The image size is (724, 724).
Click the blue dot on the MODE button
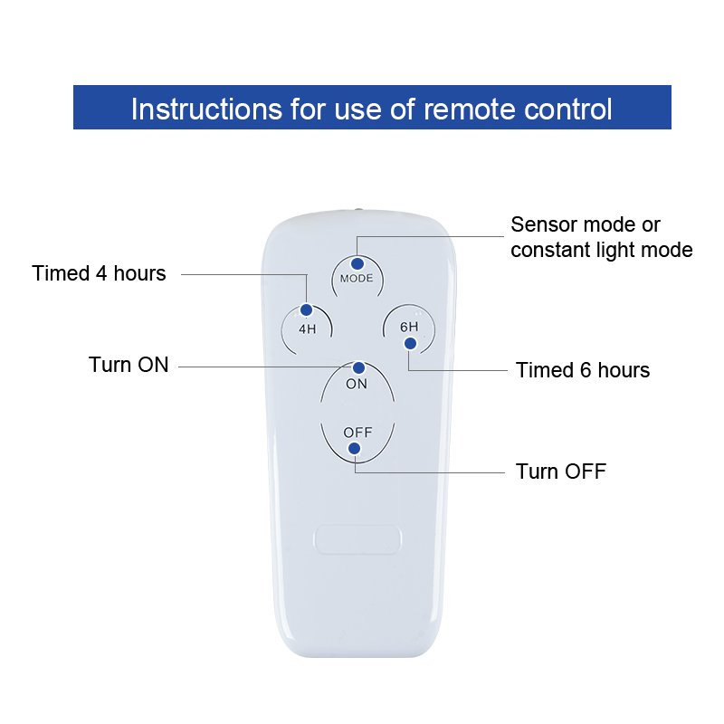[x=357, y=263]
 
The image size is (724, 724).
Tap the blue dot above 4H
[x=306, y=310]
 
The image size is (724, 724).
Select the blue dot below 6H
[x=410, y=344]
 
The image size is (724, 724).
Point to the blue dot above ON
[x=358, y=367]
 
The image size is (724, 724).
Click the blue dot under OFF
[x=354, y=448]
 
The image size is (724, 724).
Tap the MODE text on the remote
[x=357, y=279]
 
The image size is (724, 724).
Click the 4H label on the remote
[x=308, y=329]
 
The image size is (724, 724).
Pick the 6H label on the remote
[x=409, y=327]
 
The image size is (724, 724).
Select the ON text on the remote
[x=357, y=384]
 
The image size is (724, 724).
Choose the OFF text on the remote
[x=357, y=433]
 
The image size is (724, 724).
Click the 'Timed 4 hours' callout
[x=99, y=273]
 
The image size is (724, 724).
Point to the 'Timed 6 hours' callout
[x=583, y=370]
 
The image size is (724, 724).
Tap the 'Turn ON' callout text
[x=129, y=365]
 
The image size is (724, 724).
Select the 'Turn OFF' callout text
[x=561, y=472]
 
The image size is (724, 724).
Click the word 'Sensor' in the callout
[x=545, y=224]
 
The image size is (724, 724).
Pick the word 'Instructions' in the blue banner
[x=206, y=110]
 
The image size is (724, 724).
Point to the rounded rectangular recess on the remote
[x=357, y=538]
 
